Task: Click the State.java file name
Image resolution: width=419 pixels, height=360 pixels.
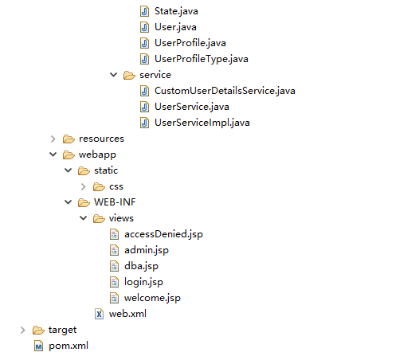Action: click(176, 11)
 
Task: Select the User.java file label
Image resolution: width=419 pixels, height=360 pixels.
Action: click(175, 27)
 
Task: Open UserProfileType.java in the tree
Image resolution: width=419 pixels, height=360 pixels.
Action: click(202, 59)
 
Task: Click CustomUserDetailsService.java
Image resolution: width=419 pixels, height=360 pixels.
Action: click(225, 91)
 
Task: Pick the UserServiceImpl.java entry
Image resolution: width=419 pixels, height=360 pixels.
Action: click(202, 123)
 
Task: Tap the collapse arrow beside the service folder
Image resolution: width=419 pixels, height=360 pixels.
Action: click(114, 75)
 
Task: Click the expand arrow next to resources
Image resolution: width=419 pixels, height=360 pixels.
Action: click(53, 139)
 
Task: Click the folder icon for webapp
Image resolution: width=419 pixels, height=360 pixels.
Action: click(69, 155)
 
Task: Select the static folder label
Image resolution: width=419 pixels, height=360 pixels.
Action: click(106, 170)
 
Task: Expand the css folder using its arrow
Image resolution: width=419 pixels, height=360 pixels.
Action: click(84, 186)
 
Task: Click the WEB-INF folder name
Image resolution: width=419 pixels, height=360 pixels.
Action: click(115, 202)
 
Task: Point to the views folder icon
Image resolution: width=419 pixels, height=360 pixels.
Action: click(99, 218)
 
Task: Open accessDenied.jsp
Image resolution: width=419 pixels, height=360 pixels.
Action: click(163, 234)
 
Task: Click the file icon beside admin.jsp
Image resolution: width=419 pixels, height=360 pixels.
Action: click(114, 250)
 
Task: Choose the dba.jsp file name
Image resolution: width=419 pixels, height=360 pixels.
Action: click(141, 266)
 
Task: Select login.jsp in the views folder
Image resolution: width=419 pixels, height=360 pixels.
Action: click(143, 282)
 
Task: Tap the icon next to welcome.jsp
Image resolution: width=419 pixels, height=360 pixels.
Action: click(114, 298)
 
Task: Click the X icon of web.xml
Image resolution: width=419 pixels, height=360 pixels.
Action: click(99, 314)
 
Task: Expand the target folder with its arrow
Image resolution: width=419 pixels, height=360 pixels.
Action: click(23, 330)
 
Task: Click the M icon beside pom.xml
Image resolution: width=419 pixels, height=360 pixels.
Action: click(38, 346)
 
